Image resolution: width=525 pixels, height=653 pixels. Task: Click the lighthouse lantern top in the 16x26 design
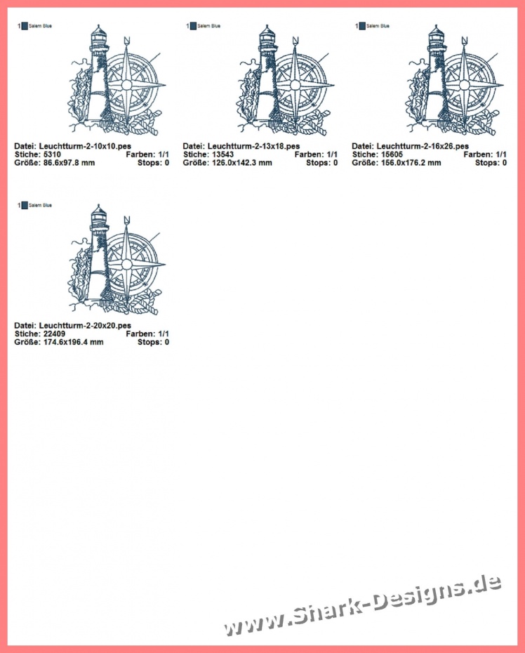(436, 34)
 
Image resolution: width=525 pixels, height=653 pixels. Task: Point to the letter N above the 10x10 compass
(127, 40)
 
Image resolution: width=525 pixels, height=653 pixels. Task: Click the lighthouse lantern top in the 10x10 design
(98, 34)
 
